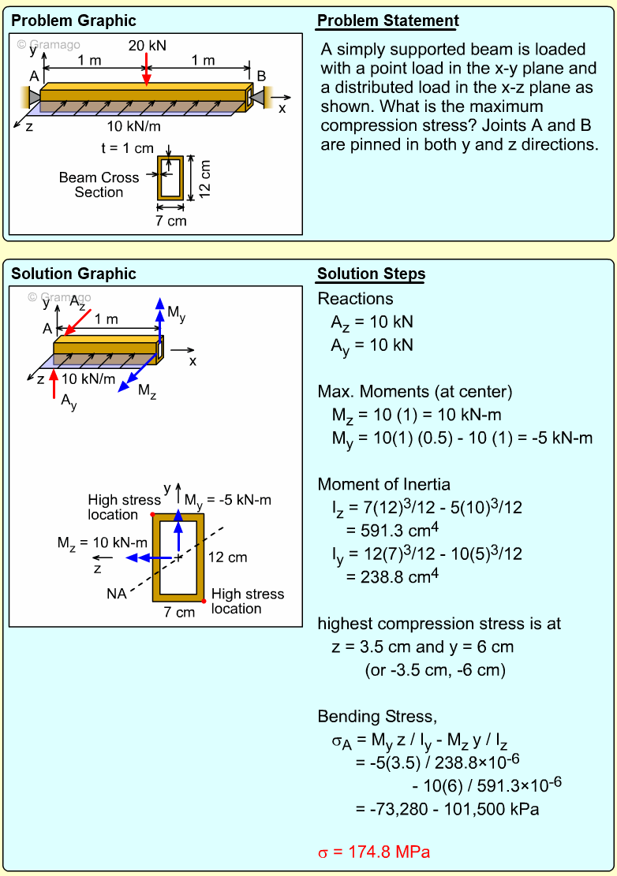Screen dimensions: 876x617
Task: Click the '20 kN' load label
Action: [148, 46]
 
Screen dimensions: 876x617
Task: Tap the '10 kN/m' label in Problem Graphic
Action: [134, 125]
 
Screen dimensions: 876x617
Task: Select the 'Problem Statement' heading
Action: [387, 21]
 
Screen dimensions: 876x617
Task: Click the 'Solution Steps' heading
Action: [371, 274]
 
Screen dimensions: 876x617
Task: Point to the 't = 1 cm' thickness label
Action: [127, 148]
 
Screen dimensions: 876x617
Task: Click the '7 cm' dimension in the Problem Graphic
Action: [170, 221]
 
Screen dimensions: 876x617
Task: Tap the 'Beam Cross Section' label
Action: [99, 185]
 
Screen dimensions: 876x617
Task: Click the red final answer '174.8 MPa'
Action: [374, 852]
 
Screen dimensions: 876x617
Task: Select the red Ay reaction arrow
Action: [54, 386]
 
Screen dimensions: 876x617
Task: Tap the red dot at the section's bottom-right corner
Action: [204, 602]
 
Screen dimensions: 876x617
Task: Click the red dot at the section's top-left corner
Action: [152, 514]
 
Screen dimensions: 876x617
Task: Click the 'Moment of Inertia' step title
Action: [383, 484]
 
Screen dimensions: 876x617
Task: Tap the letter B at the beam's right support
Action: [261, 76]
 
